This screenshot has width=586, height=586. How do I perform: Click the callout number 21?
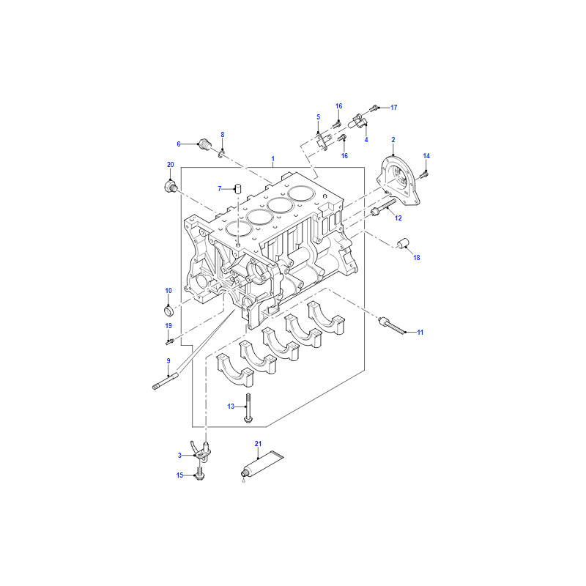click(x=258, y=444)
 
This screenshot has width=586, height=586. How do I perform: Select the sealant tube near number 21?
click(x=262, y=465)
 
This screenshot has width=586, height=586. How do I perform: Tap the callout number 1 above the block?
click(x=272, y=159)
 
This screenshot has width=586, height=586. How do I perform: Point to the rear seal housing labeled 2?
click(x=398, y=181)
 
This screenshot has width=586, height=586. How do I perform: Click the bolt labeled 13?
click(x=248, y=409)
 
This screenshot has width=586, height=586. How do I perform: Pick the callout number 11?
click(x=420, y=333)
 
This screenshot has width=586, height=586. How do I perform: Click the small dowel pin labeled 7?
click(x=237, y=188)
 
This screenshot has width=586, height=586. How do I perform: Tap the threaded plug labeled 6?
click(x=205, y=144)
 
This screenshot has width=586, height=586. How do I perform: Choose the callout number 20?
click(x=171, y=164)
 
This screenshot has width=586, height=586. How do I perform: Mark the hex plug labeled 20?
click(x=171, y=186)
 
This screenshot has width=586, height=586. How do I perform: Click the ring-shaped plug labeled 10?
click(x=169, y=310)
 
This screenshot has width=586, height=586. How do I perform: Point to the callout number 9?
click(x=168, y=360)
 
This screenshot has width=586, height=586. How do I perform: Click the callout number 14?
click(x=426, y=156)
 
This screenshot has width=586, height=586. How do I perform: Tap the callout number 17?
click(x=394, y=107)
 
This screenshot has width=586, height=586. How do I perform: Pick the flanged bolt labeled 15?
click(x=199, y=473)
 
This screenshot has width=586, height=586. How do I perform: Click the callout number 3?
click(x=179, y=455)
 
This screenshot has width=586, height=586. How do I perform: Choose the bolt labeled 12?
click(x=383, y=207)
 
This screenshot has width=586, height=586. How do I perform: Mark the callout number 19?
click(x=168, y=326)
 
